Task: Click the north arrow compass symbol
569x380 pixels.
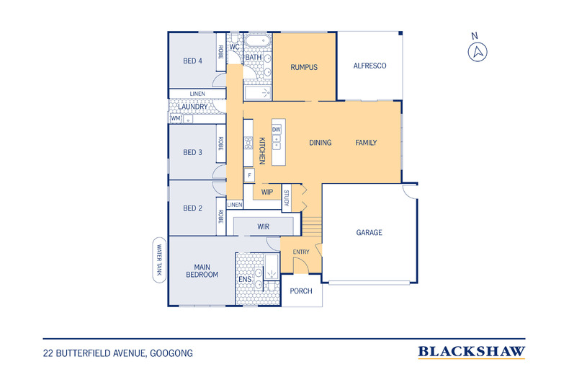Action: pos(478,52)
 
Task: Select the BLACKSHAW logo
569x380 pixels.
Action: pos(471,352)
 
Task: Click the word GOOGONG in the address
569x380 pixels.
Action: pos(171,353)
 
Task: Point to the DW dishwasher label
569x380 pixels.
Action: pos(276,130)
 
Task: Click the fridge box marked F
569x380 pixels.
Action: pos(249,176)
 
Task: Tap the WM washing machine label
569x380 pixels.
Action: pos(176,118)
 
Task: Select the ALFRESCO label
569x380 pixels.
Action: pos(369,66)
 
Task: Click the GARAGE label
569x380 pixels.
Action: pos(369,232)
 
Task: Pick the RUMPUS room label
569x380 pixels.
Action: pos(304,67)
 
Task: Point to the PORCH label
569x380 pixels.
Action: pos(301,291)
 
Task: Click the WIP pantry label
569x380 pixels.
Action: pos(267,192)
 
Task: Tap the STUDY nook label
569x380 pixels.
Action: pos(287,198)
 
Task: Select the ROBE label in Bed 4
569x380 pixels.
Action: pos(220,52)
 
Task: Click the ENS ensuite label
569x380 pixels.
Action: pos(245,279)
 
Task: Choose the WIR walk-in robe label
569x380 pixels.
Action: pos(263,226)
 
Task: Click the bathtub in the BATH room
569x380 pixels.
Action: pos(257,40)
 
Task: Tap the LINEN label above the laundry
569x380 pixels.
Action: pos(197,94)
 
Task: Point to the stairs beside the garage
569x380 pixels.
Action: pos(312,226)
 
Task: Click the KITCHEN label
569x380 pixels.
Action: pos(262,151)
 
